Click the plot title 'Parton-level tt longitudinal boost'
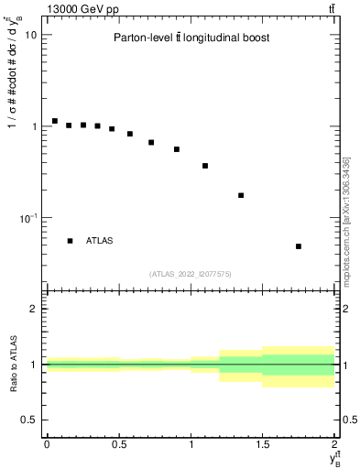point(191,38)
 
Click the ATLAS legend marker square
point(70,241)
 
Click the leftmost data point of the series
point(55,121)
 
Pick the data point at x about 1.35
point(241,195)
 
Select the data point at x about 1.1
point(205,166)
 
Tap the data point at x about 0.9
point(177,149)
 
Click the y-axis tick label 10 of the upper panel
point(30,35)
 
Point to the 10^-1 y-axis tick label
point(27,218)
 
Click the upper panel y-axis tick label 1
point(34,126)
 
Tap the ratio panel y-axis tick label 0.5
point(29,420)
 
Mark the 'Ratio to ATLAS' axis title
point(14,364)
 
